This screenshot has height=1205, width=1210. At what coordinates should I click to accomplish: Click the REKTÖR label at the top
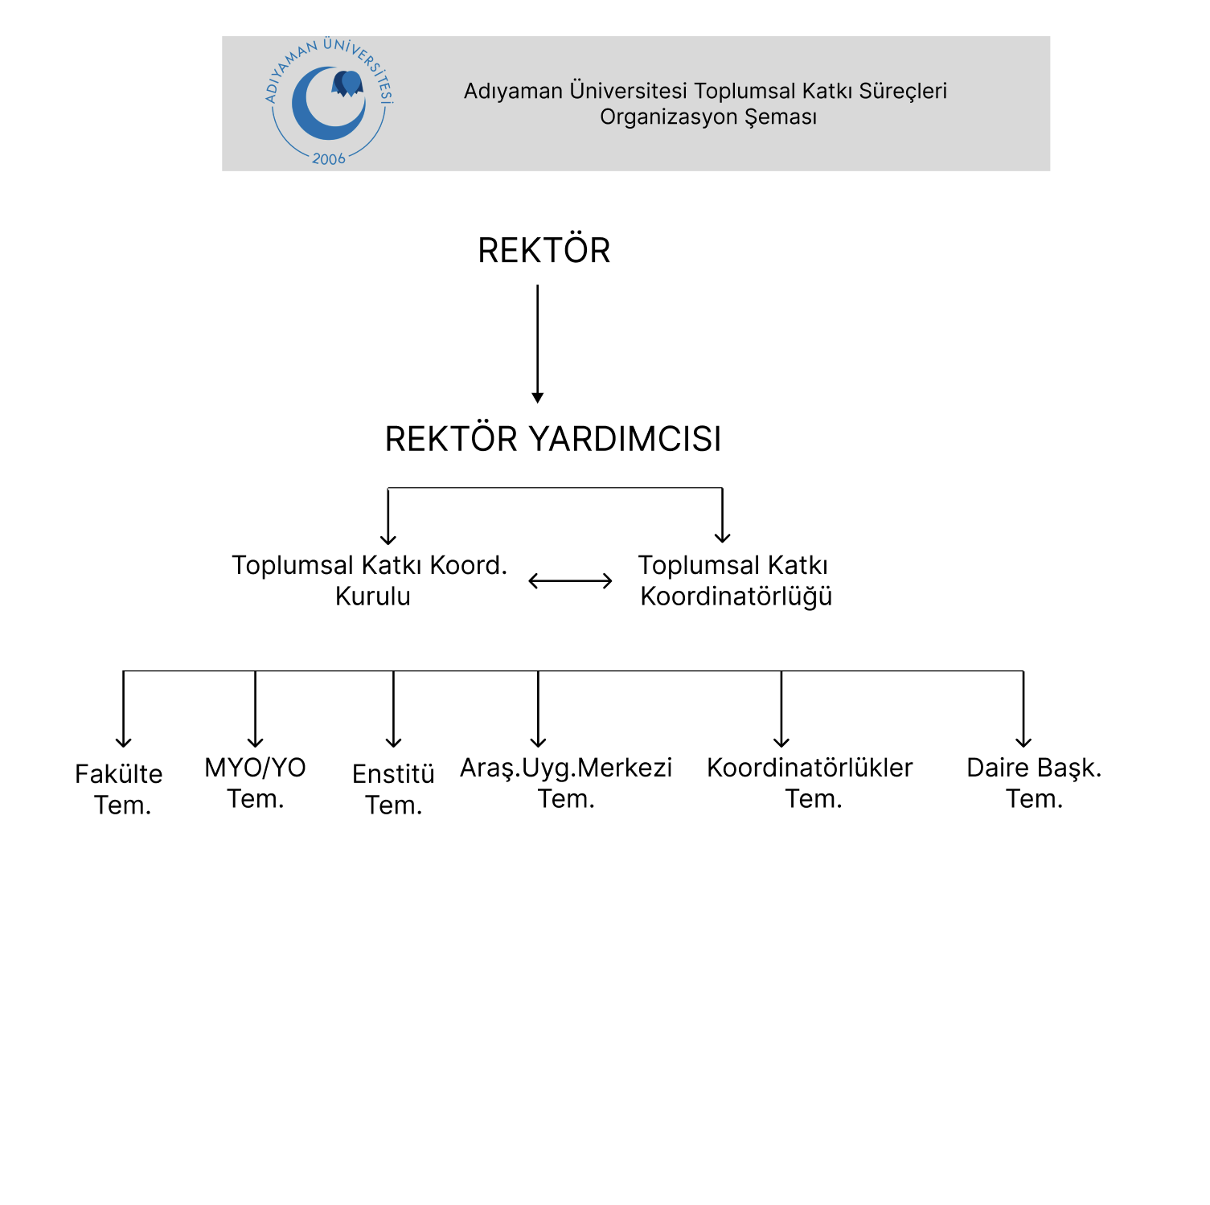click(x=543, y=251)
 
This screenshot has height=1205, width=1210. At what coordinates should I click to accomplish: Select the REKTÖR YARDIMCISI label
click(x=553, y=440)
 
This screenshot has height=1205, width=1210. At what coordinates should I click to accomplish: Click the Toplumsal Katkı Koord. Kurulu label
click(x=370, y=580)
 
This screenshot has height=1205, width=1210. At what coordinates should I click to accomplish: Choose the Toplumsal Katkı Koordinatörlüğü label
click(x=735, y=580)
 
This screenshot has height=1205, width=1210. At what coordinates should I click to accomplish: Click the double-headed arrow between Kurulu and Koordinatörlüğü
click(x=570, y=581)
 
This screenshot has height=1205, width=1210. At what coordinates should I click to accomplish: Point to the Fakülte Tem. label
click(x=120, y=789)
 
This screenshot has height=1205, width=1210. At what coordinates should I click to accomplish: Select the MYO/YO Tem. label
click(x=256, y=783)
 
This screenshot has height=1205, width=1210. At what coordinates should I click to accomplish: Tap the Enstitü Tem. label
click(x=393, y=789)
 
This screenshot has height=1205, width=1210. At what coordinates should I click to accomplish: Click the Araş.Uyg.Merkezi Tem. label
click(x=566, y=783)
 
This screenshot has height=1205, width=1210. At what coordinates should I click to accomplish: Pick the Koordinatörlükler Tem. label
click(x=810, y=783)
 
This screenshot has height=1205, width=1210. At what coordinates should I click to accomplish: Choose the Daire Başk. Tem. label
click(x=1034, y=783)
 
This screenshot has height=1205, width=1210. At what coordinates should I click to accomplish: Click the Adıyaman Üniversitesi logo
click(x=329, y=103)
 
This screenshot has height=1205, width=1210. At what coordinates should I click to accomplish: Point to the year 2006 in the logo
click(x=329, y=159)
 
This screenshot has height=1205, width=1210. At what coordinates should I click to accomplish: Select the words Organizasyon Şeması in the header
click(x=708, y=117)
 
